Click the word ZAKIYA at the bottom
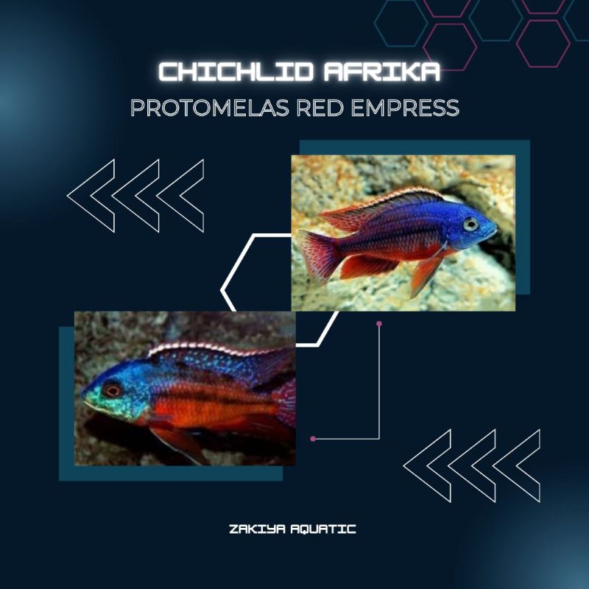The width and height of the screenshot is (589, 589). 256,529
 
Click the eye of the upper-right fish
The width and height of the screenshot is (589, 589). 470,224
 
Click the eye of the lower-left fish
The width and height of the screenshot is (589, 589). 112,390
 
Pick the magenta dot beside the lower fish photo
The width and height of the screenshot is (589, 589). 313,439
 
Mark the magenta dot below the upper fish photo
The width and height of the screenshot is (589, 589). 379,323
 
